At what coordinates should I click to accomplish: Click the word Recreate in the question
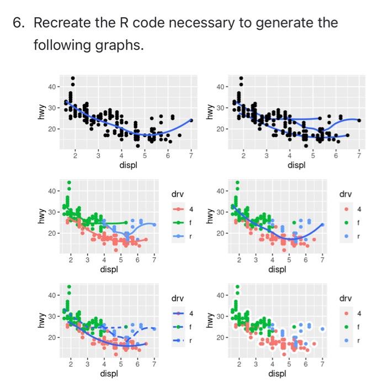[63, 24]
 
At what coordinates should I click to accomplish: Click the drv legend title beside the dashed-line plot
[177, 299]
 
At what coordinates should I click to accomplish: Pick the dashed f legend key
[177, 327]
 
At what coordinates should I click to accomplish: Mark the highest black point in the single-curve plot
[72, 79]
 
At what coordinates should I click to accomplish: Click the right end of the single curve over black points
[191, 120]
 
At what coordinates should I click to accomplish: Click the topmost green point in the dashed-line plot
[68, 287]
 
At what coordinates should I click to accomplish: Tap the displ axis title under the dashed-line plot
[109, 374]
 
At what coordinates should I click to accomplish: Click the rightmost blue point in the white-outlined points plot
[322, 328]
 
